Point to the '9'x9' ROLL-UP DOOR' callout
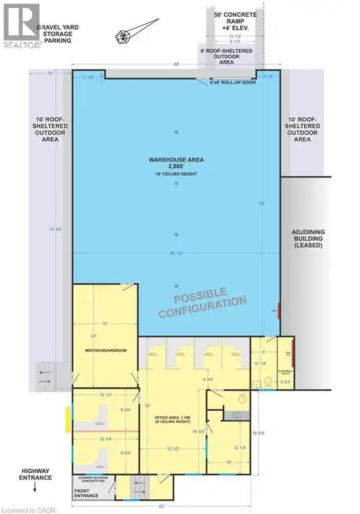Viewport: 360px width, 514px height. [233, 83]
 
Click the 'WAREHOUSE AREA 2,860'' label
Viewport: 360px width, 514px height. [176, 163]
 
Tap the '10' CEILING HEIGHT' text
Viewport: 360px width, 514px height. [176, 175]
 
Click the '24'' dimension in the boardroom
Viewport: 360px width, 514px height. [94, 335]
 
